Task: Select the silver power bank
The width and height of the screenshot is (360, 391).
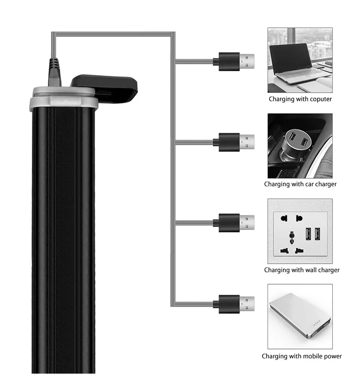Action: click(x=300, y=315)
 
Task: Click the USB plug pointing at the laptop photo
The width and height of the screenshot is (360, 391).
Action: click(x=234, y=61)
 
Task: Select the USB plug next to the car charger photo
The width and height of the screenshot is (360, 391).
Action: click(x=234, y=142)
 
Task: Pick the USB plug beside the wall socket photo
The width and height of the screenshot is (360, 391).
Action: click(x=234, y=223)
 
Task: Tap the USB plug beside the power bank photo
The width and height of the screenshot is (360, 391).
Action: click(x=234, y=304)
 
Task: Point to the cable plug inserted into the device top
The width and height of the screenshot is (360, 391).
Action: click(x=55, y=73)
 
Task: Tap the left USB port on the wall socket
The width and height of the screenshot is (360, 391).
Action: click(x=309, y=234)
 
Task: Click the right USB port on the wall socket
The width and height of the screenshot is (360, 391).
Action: click(x=318, y=234)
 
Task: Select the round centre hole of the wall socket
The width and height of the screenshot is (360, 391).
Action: click(x=292, y=235)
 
